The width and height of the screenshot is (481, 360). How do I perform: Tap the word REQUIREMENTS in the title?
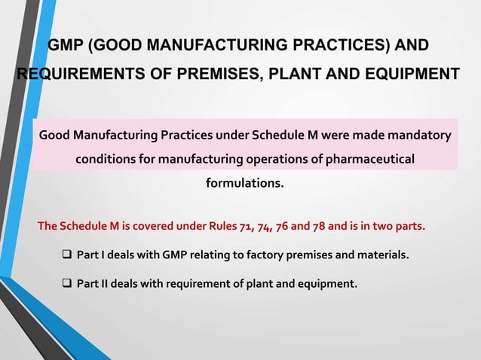75,75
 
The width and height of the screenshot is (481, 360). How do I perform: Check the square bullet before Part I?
66,255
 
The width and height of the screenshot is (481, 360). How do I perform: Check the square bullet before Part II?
66,284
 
